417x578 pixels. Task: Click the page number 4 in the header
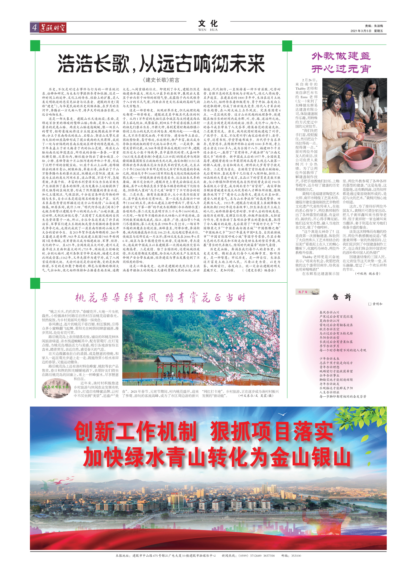[34, 27]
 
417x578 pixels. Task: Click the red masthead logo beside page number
[53, 28]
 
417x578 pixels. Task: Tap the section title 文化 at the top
[208, 24]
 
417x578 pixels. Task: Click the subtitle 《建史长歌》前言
[161, 80]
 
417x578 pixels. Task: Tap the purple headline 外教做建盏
[341, 56]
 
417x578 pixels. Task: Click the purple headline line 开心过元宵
[341, 69]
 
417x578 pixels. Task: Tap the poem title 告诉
[342, 297]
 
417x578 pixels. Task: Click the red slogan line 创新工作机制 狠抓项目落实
[203, 431]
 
